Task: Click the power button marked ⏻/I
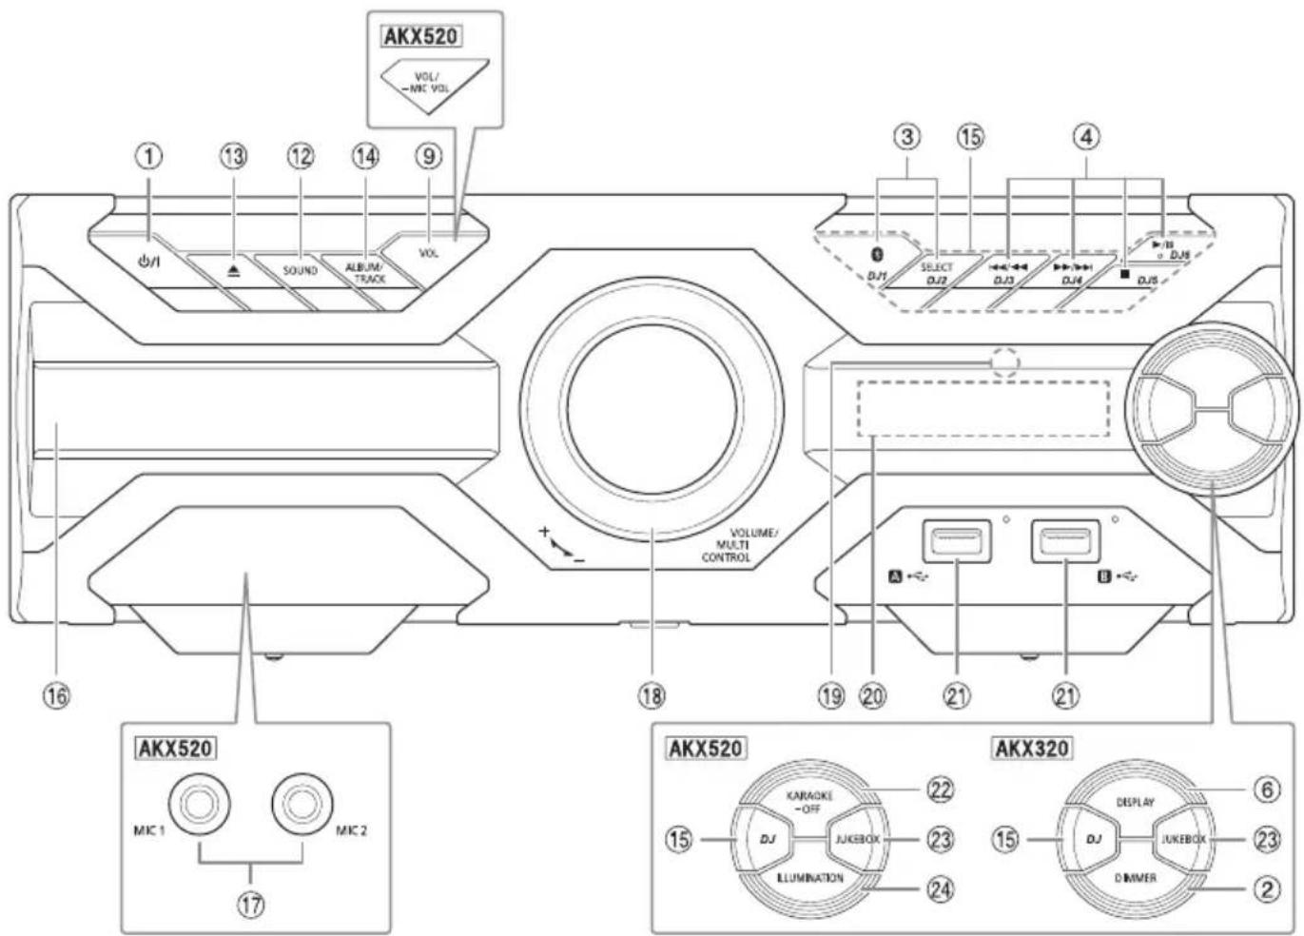coord(149,262)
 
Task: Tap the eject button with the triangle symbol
coord(235,270)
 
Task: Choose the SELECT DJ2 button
coord(937,273)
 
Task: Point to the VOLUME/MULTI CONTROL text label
coord(739,545)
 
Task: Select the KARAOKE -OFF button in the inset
coord(808,801)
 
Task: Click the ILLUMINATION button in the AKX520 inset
coord(809,878)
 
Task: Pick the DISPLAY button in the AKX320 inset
coord(1135,802)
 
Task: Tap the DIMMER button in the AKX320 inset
coord(1135,878)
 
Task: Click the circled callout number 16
coord(56,695)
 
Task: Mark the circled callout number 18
coord(652,695)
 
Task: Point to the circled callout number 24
coord(940,888)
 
